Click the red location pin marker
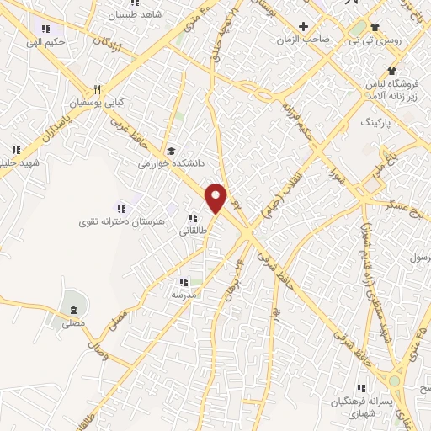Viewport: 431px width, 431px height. (x=216, y=198)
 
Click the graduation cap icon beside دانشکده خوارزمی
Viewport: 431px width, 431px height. (x=172, y=152)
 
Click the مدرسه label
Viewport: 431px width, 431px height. (x=184, y=295)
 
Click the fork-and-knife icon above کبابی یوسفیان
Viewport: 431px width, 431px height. (x=98, y=89)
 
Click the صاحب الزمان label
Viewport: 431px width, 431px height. (x=304, y=40)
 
